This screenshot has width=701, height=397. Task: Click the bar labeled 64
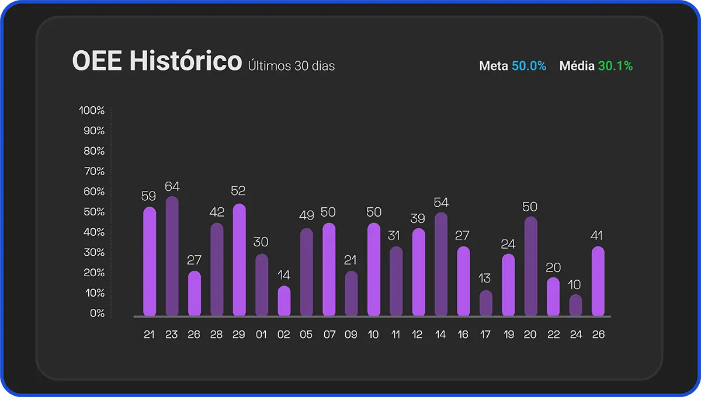pyautogui.click(x=172, y=257)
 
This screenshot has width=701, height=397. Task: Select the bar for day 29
pyautogui.click(x=239, y=260)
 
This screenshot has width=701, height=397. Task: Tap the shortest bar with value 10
pyautogui.click(x=576, y=305)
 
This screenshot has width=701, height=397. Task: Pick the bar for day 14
pyautogui.click(x=441, y=264)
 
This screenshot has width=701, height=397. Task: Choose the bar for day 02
pyautogui.click(x=284, y=301)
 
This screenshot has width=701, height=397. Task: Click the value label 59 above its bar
pyautogui.click(x=149, y=196)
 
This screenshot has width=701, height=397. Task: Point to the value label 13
pyautogui.click(x=485, y=278)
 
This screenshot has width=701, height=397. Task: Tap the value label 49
pyautogui.click(x=307, y=215)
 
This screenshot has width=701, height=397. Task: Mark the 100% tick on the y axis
pyautogui.click(x=92, y=110)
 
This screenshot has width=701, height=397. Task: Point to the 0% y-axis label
pyautogui.click(x=97, y=313)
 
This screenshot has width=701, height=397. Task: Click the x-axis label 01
pyautogui.click(x=261, y=335)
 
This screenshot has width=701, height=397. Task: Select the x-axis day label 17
pyautogui.click(x=485, y=335)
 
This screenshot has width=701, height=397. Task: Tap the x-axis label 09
pyautogui.click(x=350, y=335)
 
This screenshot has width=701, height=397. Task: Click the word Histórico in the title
pyautogui.click(x=185, y=61)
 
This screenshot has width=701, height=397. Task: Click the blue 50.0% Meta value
pyautogui.click(x=529, y=66)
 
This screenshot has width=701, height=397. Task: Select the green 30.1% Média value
pyautogui.click(x=615, y=66)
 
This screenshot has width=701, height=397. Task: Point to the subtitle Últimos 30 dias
pyautogui.click(x=291, y=65)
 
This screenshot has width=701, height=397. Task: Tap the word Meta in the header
pyautogui.click(x=494, y=66)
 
